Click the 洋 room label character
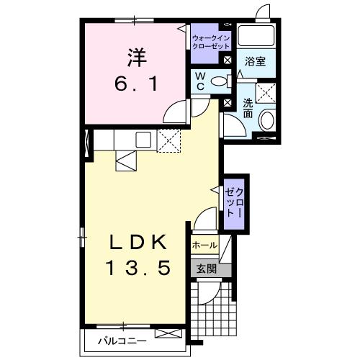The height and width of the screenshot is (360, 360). click(137, 58)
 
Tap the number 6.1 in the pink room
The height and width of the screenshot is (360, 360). click(137, 84)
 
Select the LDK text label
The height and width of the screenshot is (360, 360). click(138, 242)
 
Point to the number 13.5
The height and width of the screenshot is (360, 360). click(138, 268)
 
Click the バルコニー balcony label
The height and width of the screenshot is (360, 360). click(122, 341)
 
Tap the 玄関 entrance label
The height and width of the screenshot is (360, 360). click(207, 269)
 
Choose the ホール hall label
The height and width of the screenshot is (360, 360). click(204, 246)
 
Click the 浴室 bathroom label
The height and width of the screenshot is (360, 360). click(255, 61)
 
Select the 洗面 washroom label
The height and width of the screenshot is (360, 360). click(248, 108)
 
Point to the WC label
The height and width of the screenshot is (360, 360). click(200, 81)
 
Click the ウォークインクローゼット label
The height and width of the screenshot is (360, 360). click(211, 42)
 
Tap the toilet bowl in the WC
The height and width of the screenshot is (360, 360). click(219, 81)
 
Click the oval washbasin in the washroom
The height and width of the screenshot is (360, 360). click(268, 120)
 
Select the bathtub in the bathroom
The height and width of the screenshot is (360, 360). click(256, 35)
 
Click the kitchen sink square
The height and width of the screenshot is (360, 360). click(143, 140)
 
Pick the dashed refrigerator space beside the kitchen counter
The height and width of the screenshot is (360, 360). click(168, 140)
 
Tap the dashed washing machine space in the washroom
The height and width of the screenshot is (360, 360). click(266, 93)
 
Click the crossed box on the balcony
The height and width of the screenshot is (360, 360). click(168, 333)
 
